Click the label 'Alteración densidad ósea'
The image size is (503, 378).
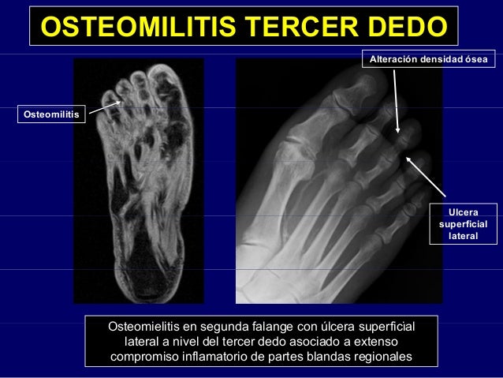428,60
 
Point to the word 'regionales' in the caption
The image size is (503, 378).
382,357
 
